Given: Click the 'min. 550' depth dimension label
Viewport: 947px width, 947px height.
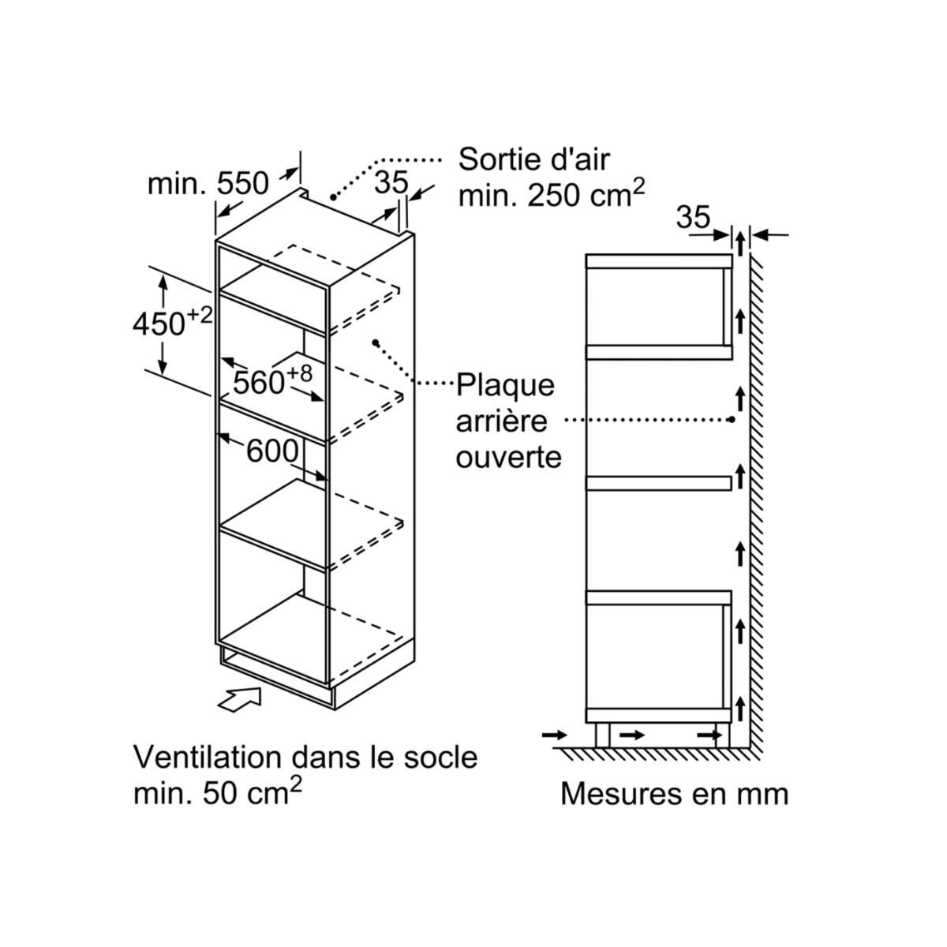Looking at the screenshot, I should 208,185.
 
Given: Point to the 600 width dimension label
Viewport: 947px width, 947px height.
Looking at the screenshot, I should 272,452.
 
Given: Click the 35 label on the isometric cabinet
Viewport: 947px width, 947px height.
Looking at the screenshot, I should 391,183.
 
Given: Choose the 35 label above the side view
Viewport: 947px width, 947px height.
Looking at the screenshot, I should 694,218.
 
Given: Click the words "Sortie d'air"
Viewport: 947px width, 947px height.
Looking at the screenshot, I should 534,159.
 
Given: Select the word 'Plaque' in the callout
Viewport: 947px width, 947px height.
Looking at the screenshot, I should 506,386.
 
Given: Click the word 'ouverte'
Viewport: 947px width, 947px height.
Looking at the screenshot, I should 509,457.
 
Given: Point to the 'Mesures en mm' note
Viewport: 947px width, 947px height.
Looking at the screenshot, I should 674,793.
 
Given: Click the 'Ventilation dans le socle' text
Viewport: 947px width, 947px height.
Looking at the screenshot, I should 305,757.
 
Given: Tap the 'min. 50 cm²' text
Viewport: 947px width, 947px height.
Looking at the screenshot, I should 218,792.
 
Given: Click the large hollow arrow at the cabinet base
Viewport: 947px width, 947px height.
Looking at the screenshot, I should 241,698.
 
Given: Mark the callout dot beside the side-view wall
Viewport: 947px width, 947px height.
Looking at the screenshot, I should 732,420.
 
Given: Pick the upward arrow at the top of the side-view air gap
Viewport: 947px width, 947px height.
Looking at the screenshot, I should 740,241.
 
